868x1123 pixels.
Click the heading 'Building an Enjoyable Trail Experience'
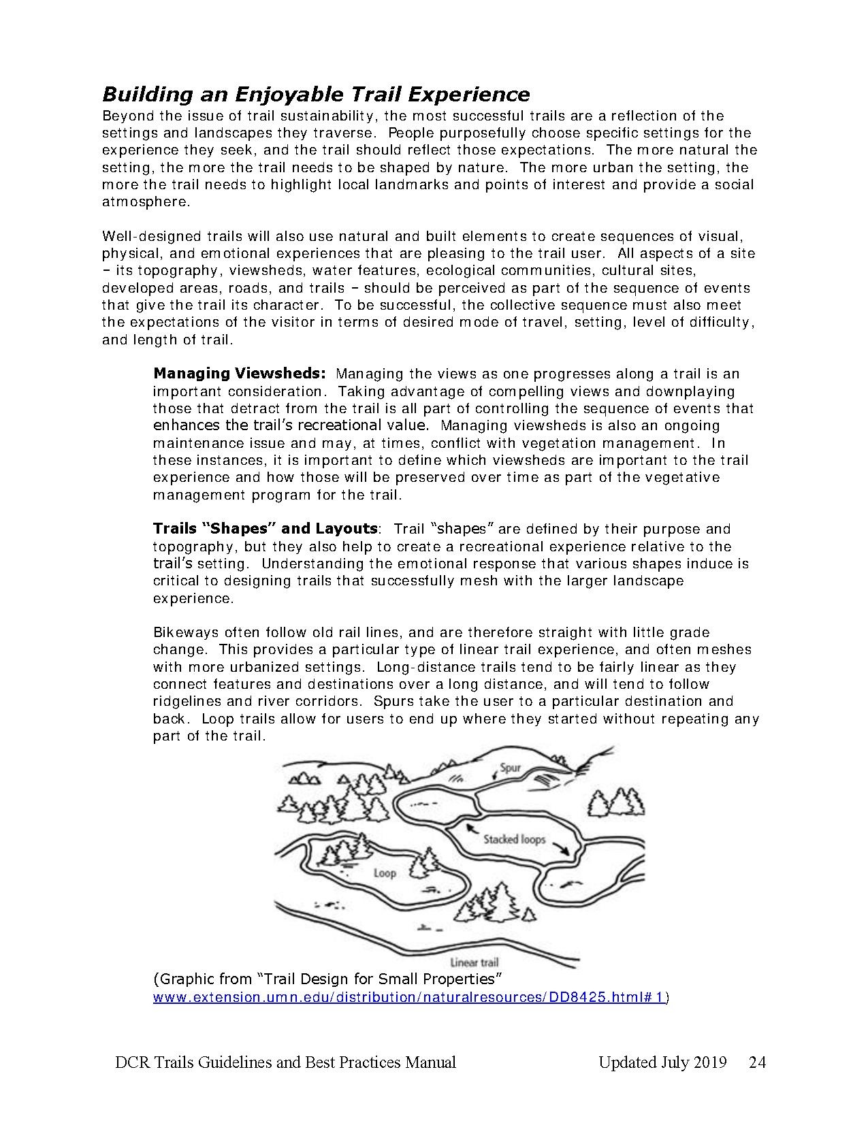coord(316,94)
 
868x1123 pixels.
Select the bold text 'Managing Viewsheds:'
coord(240,374)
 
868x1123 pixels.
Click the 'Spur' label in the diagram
coord(510,768)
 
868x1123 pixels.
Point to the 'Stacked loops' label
coord(514,839)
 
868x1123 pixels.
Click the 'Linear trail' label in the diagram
coord(475,962)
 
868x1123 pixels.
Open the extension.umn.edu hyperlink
coord(408,997)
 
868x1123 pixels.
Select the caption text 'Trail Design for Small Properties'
coord(383,979)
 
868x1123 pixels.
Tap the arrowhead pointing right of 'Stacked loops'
coord(564,849)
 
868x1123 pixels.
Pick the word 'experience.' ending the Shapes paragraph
coord(193,598)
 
